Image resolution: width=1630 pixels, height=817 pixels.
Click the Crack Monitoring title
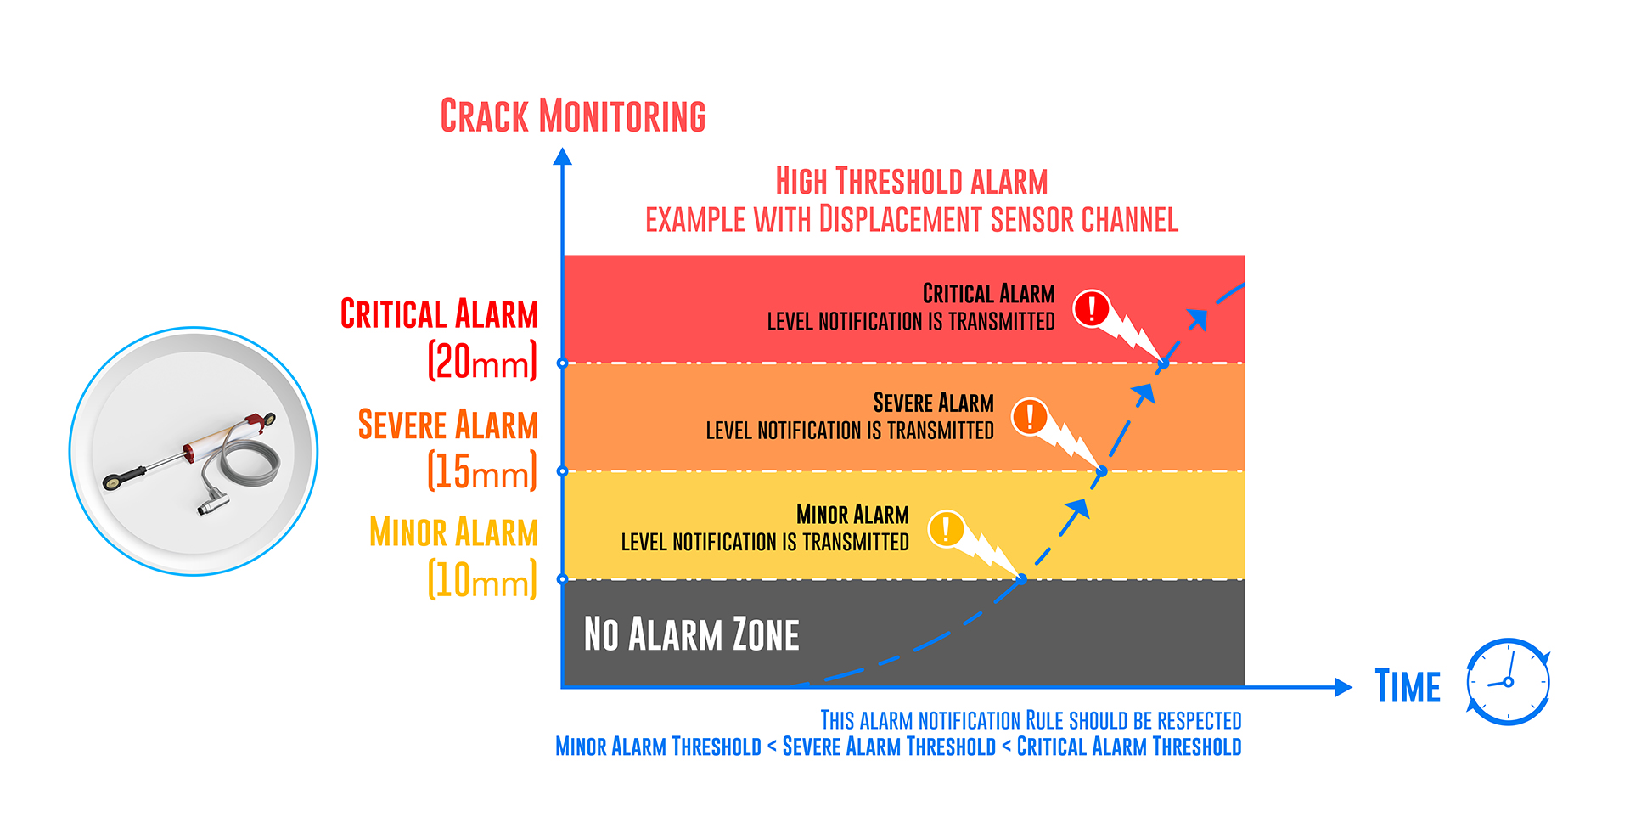[x=573, y=116]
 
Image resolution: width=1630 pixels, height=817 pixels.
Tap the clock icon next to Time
[x=1509, y=682]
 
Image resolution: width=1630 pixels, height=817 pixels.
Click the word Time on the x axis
[x=1408, y=686]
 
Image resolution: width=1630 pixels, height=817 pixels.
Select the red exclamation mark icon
[x=1092, y=308]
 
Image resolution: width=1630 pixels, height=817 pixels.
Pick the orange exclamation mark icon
[x=1030, y=416]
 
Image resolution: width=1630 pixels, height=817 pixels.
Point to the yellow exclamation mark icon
[x=946, y=528]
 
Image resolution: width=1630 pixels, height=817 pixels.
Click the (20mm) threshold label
[x=482, y=361]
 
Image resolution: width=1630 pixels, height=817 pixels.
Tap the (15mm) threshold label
[x=482, y=470]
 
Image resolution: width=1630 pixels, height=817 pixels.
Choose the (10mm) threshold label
[x=482, y=579]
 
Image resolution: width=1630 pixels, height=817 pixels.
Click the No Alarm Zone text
[x=692, y=634]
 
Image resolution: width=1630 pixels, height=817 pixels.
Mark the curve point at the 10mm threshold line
[x=1022, y=579]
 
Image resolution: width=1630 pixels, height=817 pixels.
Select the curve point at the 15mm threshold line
[x=1102, y=471]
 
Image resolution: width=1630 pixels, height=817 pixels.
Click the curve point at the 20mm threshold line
[x=1164, y=363]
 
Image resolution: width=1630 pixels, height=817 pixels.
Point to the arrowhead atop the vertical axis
[x=562, y=156]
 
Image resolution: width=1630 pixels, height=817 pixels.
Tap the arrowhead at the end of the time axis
[x=1343, y=687]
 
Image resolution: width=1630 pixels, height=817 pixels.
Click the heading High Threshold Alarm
[x=912, y=181]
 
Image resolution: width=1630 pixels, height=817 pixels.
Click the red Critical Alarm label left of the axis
[x=439, y=314]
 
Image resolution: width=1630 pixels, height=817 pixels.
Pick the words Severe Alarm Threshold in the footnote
[x=889, y=747]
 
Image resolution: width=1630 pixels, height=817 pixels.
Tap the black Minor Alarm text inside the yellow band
[x=852, y=515]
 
